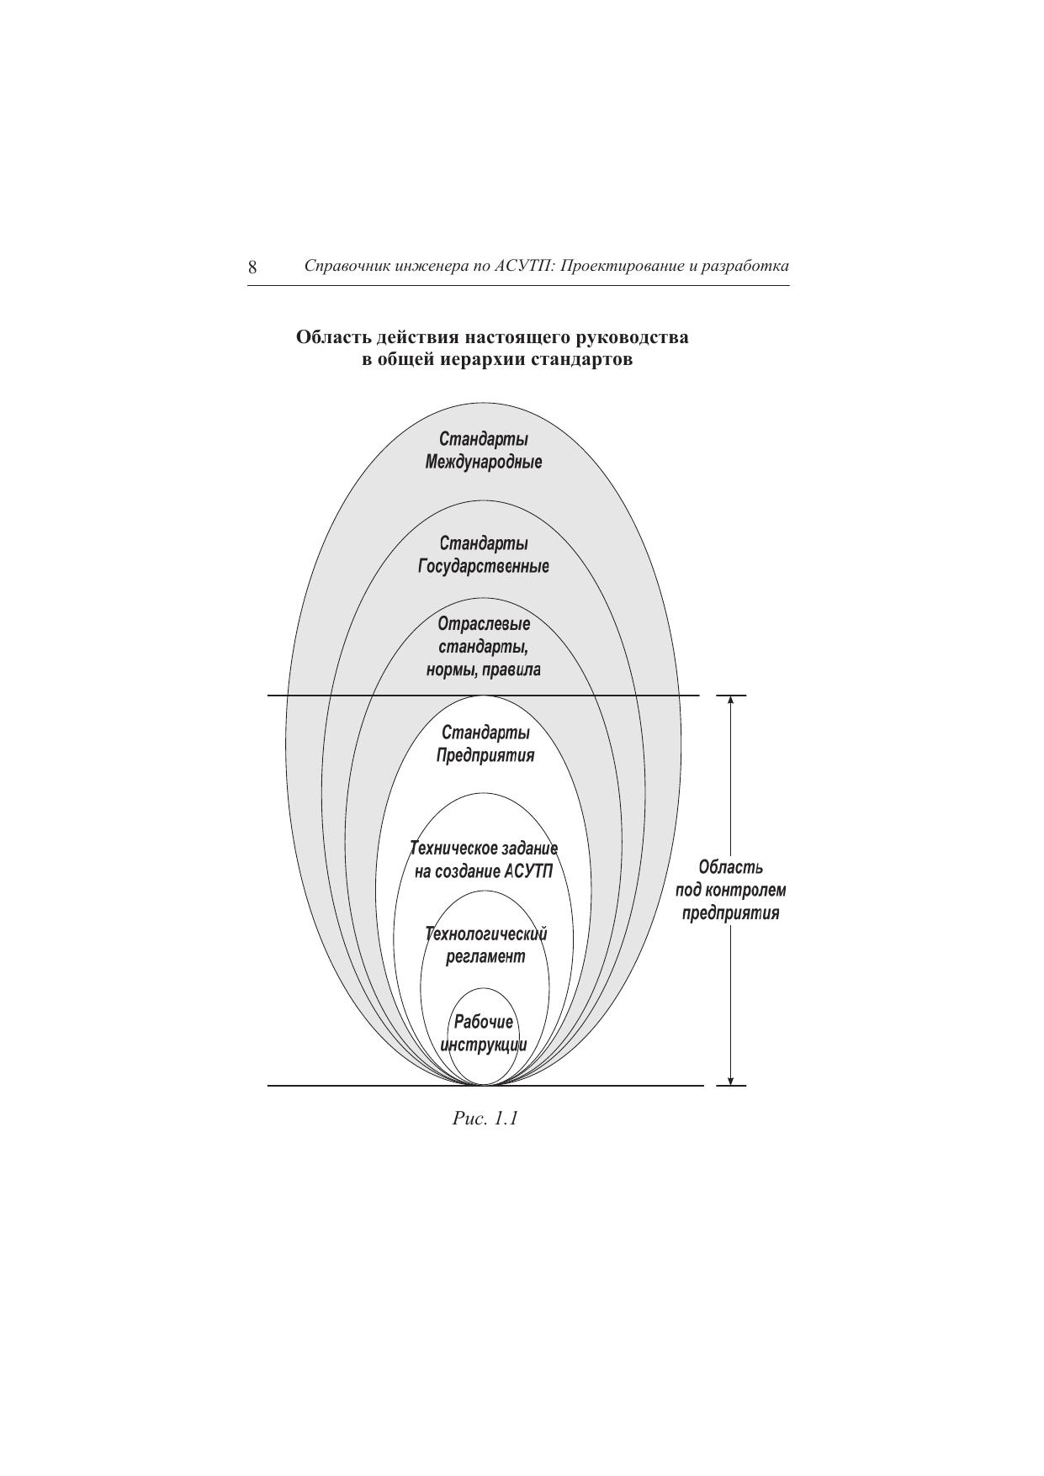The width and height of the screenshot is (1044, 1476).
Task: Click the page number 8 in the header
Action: (252, 268)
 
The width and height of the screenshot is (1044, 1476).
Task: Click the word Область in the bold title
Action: (333, 338)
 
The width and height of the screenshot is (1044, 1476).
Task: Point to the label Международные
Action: (484, 463)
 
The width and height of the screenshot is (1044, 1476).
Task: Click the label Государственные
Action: (484, 567)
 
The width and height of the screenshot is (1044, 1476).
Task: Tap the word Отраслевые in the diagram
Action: (484, 624)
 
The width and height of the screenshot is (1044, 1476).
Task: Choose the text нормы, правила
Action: (484, 670)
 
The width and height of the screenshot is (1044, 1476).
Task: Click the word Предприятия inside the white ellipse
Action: (485, 755)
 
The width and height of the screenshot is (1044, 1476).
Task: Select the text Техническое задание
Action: (484, 848)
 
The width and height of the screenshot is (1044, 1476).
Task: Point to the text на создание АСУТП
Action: (484, 871)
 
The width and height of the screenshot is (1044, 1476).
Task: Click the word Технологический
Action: (486, 934)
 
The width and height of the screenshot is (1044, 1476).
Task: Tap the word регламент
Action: (485, 957)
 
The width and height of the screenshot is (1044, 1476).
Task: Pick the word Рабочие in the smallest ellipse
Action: (484, 1022)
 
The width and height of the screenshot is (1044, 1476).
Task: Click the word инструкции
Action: (484, 1045)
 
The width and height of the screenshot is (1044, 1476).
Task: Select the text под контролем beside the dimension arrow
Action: (730, 890)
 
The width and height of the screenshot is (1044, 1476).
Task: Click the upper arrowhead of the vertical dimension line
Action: (730, 701)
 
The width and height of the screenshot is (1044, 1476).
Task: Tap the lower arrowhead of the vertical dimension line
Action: (730, 1080)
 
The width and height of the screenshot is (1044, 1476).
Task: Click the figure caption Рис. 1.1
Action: (485, 1119)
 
